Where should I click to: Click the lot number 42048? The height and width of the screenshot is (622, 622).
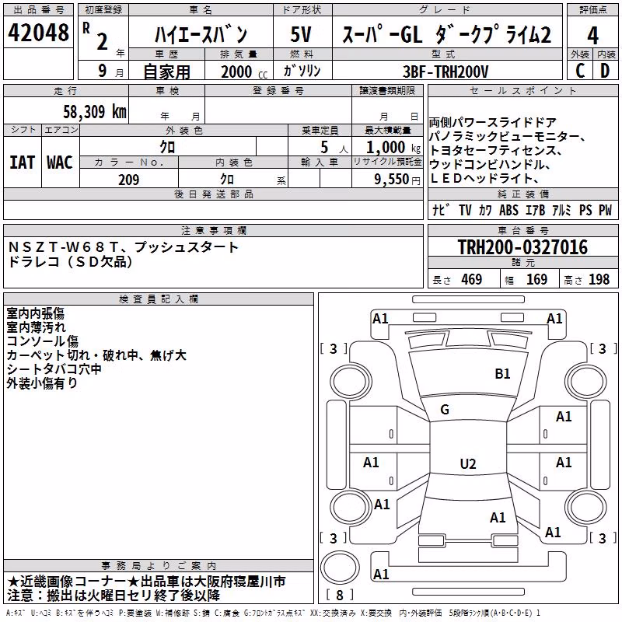(x=38, y=33)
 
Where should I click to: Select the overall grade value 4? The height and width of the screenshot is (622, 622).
(x=592, y=35)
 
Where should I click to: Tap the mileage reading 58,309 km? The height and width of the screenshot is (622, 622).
(x=95, y=112)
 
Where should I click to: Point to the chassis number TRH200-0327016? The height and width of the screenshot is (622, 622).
(x=522, y=246)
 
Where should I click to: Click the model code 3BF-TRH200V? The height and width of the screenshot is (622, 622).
(x=446, y=72)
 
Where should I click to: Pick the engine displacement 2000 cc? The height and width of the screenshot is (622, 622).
(x=244, y=72)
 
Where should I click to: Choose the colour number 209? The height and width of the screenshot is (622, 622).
(x=129, y=180)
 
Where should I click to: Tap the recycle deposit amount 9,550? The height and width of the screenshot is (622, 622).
(x=391, y=180)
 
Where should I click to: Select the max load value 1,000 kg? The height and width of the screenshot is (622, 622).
(x=393, y=148)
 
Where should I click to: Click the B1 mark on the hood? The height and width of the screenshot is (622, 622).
(x=502, y=374)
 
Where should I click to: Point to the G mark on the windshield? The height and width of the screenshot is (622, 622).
(x=445, y=410)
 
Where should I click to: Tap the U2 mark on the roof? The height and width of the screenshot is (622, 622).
(x=468, y=463)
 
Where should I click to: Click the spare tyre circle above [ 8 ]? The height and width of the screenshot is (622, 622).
(x=340, y=567)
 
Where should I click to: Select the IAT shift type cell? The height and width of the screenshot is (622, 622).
(x=23, y=162)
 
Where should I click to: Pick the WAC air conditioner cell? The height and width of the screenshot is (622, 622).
(x=60, y=162)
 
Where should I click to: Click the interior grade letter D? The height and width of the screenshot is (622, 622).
(x=605, y=71)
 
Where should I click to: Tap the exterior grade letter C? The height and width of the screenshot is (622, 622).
(x=580, y=71)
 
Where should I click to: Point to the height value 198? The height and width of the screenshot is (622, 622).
(x=599, y=279)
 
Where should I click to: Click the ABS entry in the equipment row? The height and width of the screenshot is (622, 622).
(x=509, y=210)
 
